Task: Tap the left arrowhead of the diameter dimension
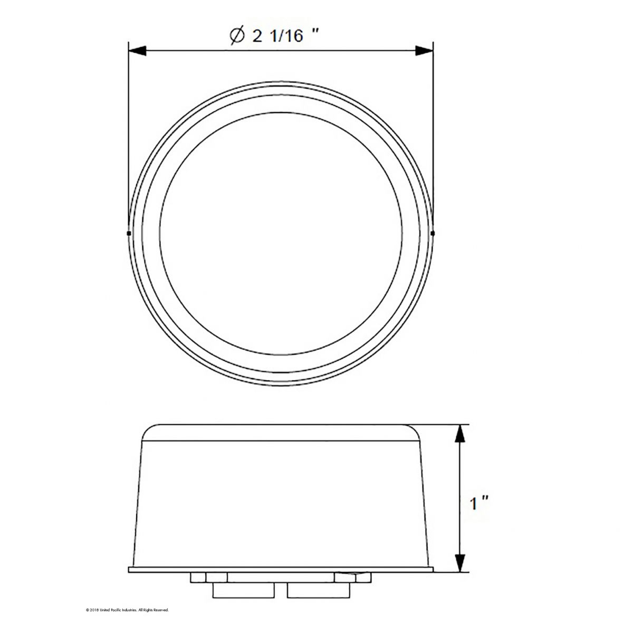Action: [137, 51]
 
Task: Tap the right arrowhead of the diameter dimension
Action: [424, 51]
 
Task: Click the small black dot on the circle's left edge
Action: [129, 232]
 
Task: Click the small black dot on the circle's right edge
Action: [433, 232]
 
